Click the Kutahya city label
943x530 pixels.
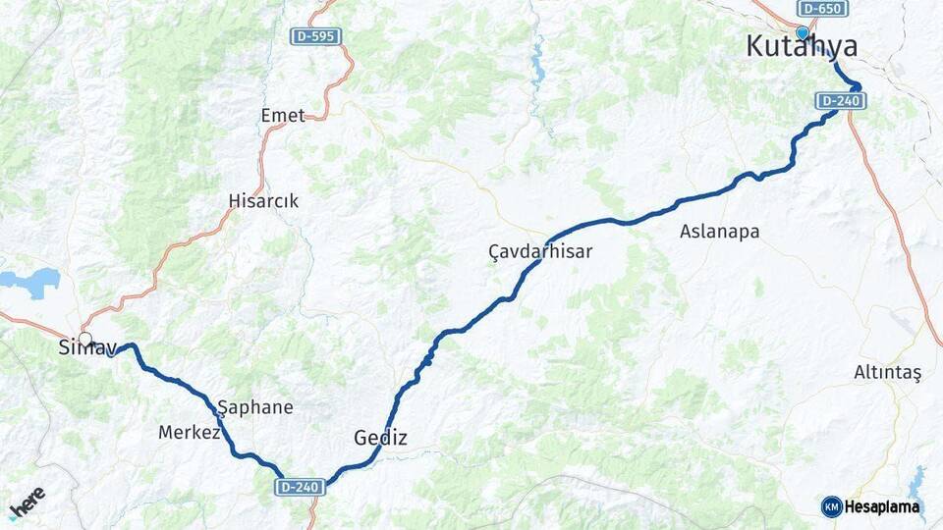click(x=802, y=47)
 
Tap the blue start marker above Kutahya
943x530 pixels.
click(x=803, y=32)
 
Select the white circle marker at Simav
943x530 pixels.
click(x=85, y=340)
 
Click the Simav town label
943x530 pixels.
click(x=87, y=347)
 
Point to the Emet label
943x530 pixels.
click(x=283, y=116)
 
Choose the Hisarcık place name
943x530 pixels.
click(x=263, y=201)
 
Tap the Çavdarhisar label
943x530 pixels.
click(x=540, y=252)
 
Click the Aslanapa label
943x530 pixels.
click(x=719, y=232)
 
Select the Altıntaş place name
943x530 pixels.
click(x=888, y=373)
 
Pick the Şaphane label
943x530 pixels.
click(x=255, y=407)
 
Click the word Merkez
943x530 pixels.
click(x=189, y=432)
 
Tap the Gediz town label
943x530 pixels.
click(x=380, y=438)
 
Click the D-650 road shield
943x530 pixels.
click(x=822, y=8)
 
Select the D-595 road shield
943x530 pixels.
click(x=316, y=36)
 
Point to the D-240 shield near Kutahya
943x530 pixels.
click(x=840, y=100)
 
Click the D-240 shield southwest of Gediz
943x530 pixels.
click(x=301, y=487)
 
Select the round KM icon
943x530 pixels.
click(x=831, y=506)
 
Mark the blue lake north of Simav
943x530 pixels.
click(x=31, y=282)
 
